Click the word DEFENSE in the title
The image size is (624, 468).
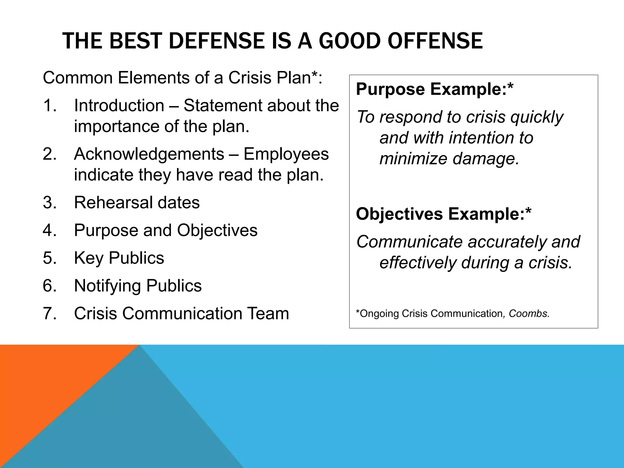pyautogui.click(x=216, y=41)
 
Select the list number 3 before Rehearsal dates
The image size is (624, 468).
pyautogui.click(x=50, y=203)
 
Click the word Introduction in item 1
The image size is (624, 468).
pyautogui.click(x=119, y=106)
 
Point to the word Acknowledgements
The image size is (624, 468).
pyautogui.click(x=149, y=154)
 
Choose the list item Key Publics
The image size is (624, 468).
pyautogui.click(x=119, y=258)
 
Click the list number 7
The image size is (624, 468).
pyautogui.click(x=50, y=314)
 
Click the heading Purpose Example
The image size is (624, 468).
pyautogui.click(x=434, y=89)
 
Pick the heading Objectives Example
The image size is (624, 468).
pyautogui.click(x=444, y=214)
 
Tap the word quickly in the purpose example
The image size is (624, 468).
pyautogui.click(x=537, y=117)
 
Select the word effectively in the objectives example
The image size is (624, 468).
pyautogui.click(x=418, y=263)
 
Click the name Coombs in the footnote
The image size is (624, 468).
pyautogui.click(x=529, y=314)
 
